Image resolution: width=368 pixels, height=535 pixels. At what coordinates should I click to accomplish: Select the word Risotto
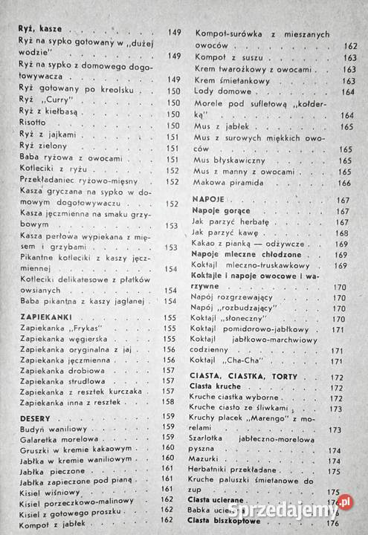click(33, 125)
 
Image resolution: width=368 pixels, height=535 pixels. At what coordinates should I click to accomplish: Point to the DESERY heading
click(34, 417)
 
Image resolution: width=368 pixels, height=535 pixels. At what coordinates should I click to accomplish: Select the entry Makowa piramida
click(225, 183)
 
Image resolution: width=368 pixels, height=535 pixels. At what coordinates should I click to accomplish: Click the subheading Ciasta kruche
click(217, 386)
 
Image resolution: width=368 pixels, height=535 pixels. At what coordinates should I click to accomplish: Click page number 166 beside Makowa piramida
click(344, 183)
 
